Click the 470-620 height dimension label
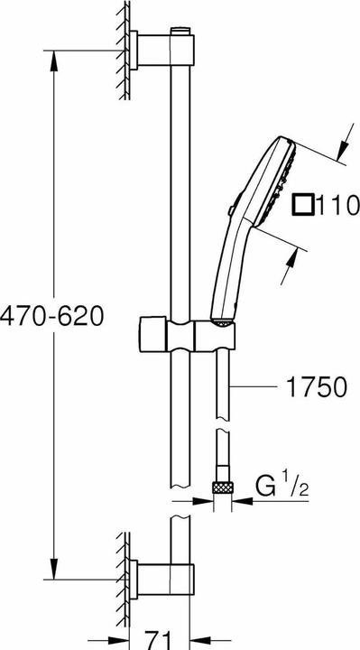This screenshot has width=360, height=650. click(53, 315)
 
